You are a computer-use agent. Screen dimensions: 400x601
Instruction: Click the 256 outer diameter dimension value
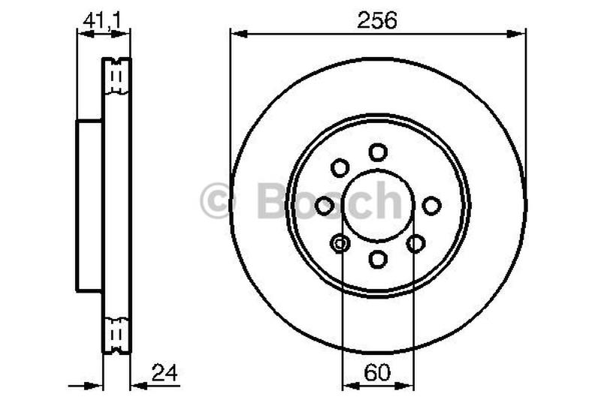[378, 20]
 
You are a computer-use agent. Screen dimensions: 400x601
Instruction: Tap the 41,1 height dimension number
[104, 20]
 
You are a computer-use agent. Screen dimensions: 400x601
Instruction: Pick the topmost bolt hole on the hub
[378, 152]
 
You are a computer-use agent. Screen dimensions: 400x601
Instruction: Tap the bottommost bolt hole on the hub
[378, 259]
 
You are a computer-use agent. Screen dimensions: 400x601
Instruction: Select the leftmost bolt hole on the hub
[325, 205]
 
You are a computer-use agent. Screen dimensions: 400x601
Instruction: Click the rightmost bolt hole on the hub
[431, 205]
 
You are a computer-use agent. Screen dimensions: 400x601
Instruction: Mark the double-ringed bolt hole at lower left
[340, 243]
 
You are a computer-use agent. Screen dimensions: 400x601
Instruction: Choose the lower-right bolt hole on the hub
[415, 243]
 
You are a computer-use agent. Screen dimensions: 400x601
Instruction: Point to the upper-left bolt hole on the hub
[340, 167]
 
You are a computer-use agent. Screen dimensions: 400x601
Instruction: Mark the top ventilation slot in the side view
[116, 75]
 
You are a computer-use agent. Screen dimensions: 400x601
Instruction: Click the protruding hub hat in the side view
[89, 206]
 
